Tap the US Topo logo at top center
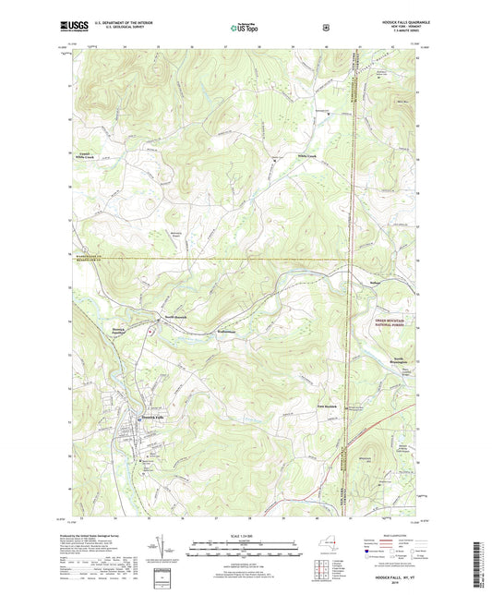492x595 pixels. point(245,29)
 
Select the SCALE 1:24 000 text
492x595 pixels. point(246,538)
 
